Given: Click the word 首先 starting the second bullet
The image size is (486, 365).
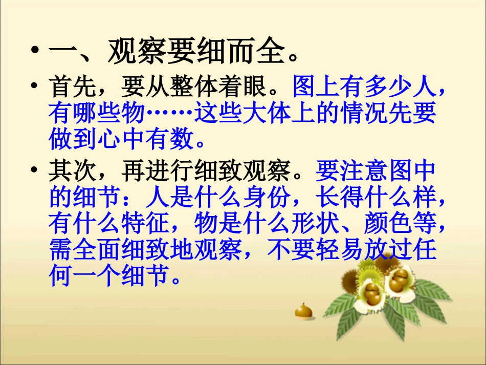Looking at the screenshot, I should click(x=72, y=89).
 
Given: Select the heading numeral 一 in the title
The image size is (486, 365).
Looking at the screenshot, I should click(x=62, y=53).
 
